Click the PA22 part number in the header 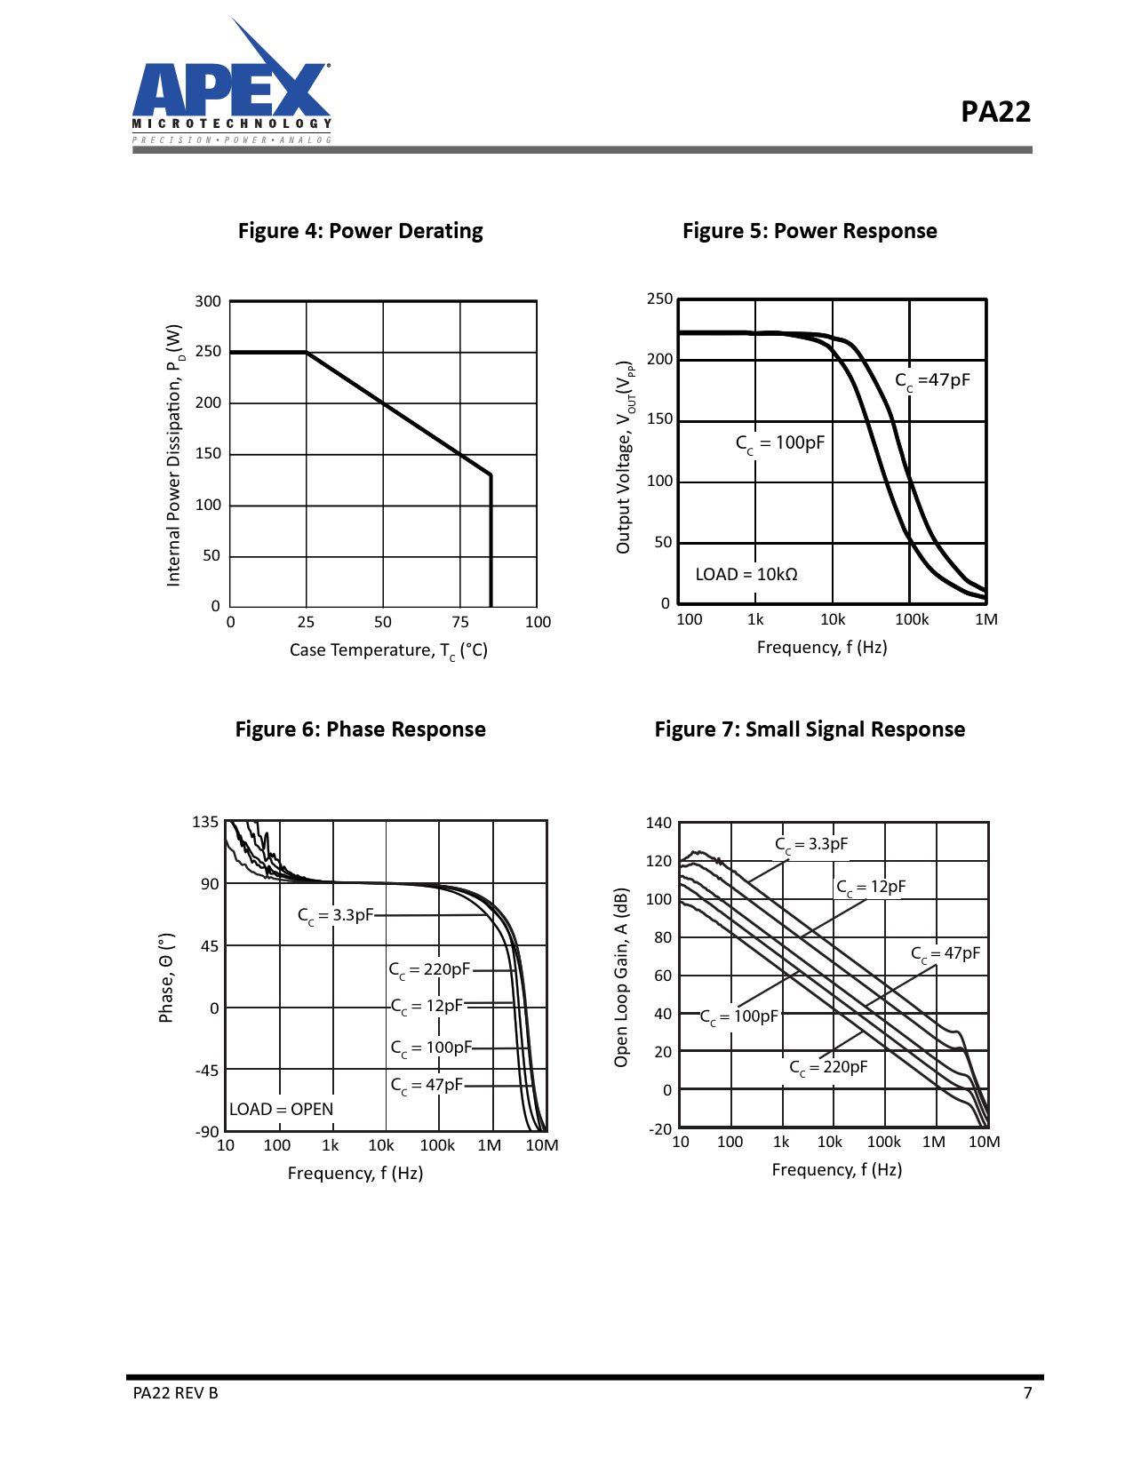(x=995, y=112)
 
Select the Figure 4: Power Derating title (x=360, y=231)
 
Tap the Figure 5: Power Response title (x=810, y=231)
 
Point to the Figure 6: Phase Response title (x=360, y=729)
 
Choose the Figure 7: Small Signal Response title (x=810, y=729)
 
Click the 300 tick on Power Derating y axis (x=208, y=301)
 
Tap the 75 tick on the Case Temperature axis (x=460, y=622)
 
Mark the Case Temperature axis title (x=388, y=650)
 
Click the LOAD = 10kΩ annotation (x=746, y=575)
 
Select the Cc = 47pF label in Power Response (x=932, y=380)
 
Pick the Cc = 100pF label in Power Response (x=780, y=442)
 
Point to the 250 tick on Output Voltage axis (x=659, y=299)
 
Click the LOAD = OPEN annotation (x=281, y=1109)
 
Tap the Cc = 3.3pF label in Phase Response (x=335, y=915)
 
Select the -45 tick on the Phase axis (x=207, y=1070)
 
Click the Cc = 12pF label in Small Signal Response (x=871, y=887)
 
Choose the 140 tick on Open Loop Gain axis (x=658, y=823)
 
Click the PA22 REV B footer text (x=175, y=1393)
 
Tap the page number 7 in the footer (x=1027, y=1393)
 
